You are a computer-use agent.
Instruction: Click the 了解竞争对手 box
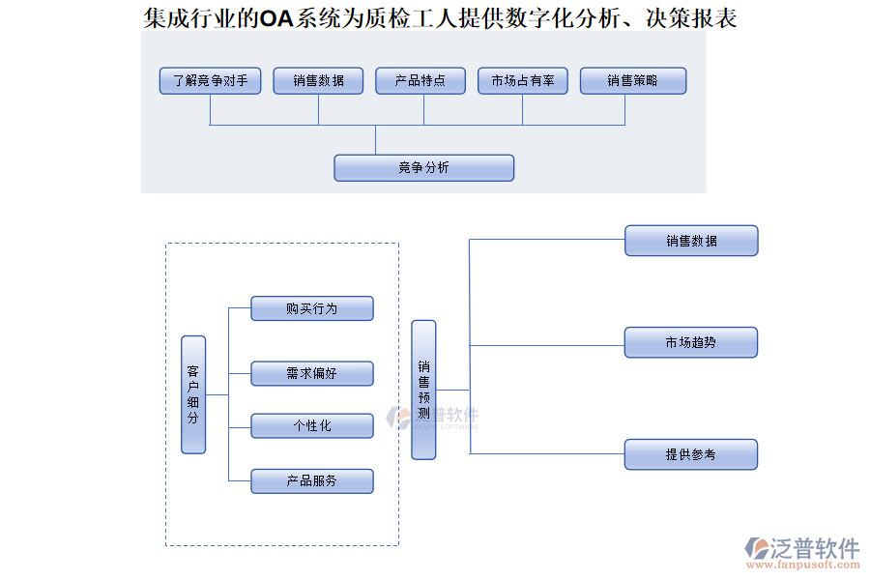click(210, 81)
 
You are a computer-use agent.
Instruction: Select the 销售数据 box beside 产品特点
click(318, 81)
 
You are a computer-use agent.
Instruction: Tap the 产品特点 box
click(422, 81)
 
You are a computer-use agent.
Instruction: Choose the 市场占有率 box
click(523, 81)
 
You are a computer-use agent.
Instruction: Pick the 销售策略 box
click(633, 81)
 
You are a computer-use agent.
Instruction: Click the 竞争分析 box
click(423, 168)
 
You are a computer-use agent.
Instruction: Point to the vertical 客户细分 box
click(193, 394)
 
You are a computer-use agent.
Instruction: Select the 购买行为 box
click(311, 308)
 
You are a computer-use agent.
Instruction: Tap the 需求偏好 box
click(311, 373)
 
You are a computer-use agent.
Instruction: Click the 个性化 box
click(311, 425)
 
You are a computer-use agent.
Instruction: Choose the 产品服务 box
click(311, 480)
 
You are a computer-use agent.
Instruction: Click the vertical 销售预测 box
click(423, 390)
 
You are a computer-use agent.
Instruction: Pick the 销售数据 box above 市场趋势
click(691, 241)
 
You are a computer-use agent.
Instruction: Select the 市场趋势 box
click(691, 342)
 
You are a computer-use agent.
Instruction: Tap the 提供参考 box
click(691, 454)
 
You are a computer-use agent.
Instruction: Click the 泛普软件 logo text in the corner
click(814, 548)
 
